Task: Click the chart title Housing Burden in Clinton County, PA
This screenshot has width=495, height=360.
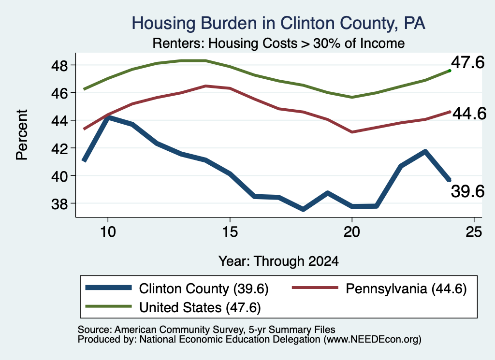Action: point(278,23)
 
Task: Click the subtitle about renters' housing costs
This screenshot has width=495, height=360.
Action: point(278,43)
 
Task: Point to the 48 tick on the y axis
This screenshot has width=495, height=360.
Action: point(59,65)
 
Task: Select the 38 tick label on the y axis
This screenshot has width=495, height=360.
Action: point(59,204)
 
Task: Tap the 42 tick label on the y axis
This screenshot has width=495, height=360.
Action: point(59,148)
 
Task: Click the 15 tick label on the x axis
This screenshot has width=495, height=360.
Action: point(230,232)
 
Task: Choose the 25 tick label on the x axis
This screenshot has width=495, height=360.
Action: point(474,232)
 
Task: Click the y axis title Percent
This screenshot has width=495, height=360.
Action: point(22,135)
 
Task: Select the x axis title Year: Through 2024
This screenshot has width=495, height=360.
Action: point(278,261)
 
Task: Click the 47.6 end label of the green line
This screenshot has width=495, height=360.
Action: point(467,62)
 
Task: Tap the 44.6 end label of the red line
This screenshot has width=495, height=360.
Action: point(469,114)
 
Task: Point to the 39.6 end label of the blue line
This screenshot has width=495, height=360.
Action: point(467,191)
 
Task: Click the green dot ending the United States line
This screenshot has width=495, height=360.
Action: point(450,71)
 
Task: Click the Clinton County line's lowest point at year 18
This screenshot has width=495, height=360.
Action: point(303,209)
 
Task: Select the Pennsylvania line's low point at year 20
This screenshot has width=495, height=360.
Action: point(352,132)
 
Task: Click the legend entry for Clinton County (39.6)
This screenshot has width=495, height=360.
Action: point(177,288)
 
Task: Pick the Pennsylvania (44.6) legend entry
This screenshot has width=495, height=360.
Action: point(379,288)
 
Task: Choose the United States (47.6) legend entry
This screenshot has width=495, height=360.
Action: point(173,307)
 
